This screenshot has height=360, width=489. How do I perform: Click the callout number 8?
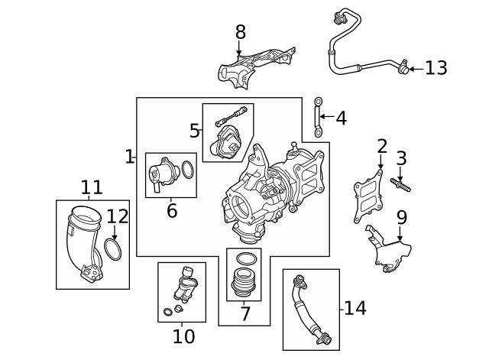point(241,32)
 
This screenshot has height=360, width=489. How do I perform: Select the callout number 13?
point(436,69)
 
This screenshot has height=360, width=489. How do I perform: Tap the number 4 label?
point(341,118)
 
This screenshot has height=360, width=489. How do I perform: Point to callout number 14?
point(355,308)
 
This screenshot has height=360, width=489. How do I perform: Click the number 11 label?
point(92,187)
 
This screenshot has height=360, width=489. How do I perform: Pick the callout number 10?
point(183,336)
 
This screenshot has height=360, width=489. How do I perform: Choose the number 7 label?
point(244,313)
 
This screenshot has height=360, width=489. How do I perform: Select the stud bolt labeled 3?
point(401,183)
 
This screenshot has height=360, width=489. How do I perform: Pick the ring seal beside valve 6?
point(189,168)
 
